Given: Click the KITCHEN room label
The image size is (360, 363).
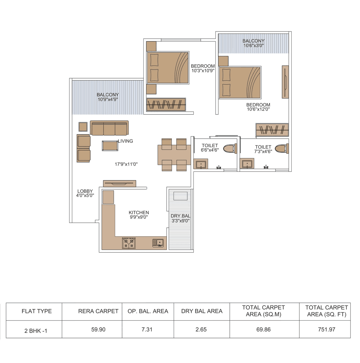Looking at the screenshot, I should click(x=139, y=213).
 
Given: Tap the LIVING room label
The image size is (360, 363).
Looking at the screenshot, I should click(x=125, y=141).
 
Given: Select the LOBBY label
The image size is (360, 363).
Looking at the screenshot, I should click(x=85, y=191).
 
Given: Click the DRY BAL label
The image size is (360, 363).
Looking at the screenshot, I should click(x=180, y=216).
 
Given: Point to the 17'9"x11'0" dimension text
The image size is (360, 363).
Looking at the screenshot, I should click(x=126, y=164).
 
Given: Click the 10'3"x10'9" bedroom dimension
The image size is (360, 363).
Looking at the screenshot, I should click(x=203, y=71).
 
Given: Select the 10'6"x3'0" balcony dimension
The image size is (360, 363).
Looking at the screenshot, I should click(x=253, y=46).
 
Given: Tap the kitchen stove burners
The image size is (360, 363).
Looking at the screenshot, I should click(x=129, y=243).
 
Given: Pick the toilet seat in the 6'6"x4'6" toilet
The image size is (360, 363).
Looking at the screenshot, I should click(x=230, y=148).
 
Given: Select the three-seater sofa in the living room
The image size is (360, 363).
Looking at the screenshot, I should click(x=109, y=128).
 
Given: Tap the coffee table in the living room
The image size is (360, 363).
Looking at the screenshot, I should click(x=110, y=146).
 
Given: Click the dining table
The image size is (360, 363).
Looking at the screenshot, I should click(x=174, y=155).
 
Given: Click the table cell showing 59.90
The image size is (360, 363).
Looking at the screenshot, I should click(x=98, y=330).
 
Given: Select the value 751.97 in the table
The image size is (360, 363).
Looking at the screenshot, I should click(x=327, y=330).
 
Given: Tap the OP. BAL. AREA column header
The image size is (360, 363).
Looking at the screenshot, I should click(x=148, y=311).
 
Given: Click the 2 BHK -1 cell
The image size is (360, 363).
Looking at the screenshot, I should click(x=36, y=331).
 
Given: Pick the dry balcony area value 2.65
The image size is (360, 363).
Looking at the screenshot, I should click(x=201, y=330).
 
